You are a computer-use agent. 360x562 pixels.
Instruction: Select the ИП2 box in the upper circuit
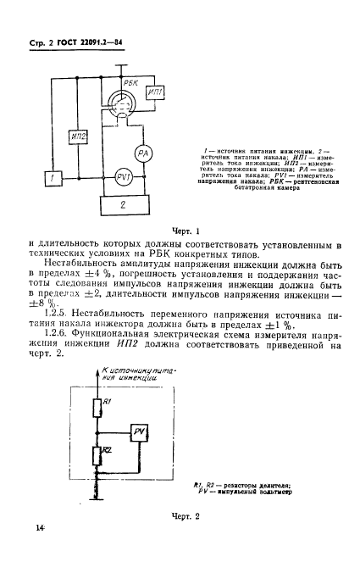pos(80,135)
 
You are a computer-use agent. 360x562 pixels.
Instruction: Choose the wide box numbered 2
pos(121,203)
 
